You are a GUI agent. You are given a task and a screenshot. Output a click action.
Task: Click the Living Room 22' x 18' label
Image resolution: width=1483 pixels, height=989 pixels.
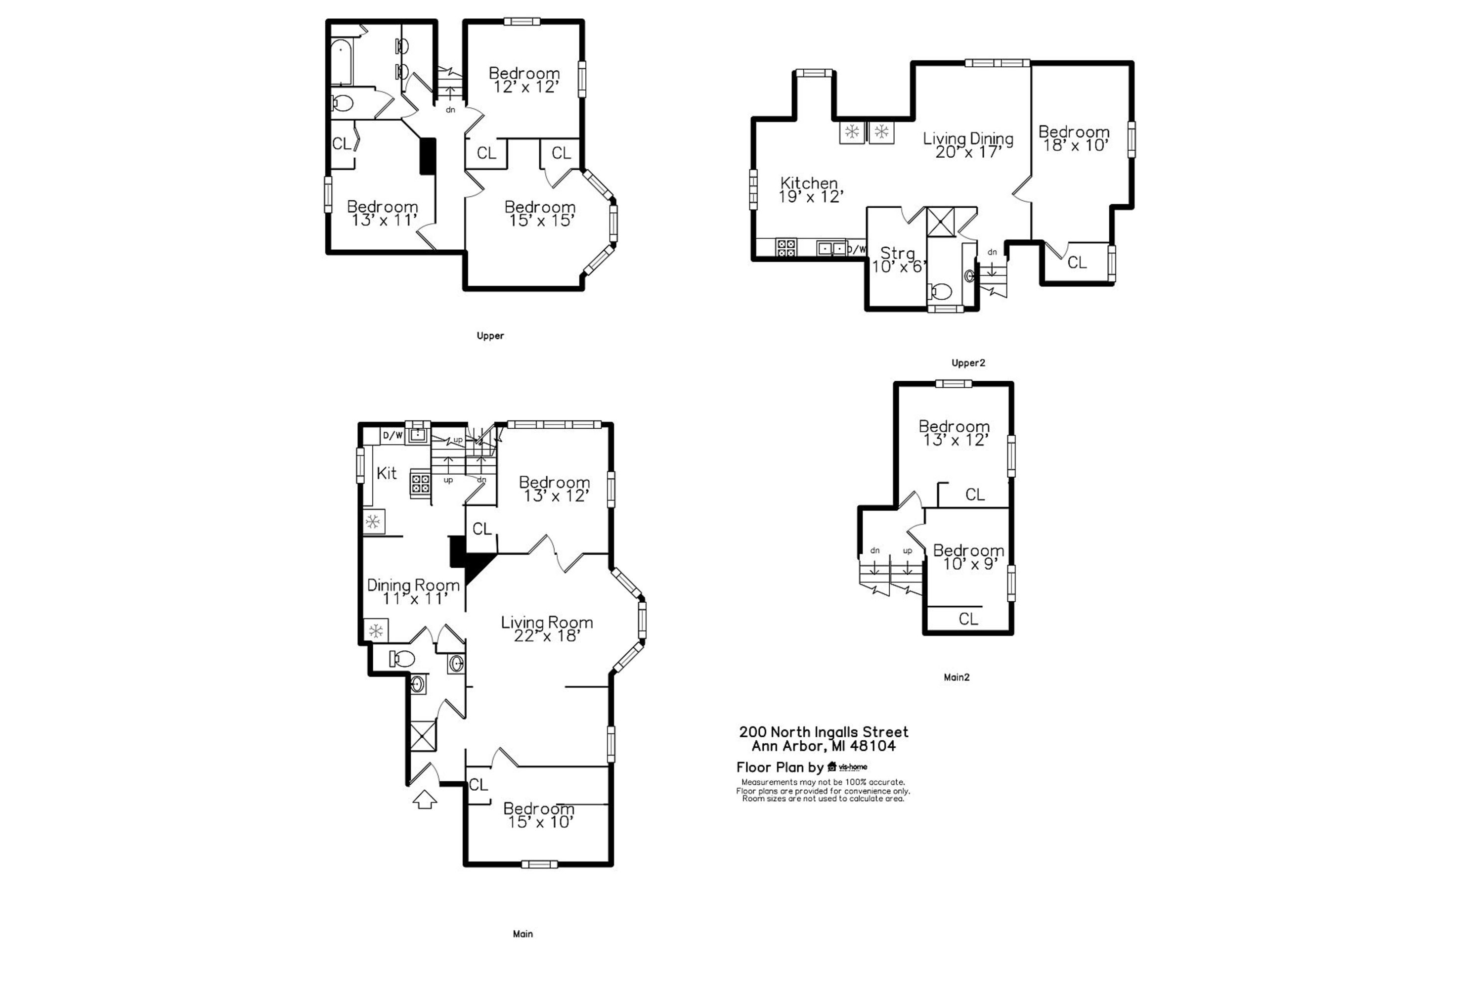547,629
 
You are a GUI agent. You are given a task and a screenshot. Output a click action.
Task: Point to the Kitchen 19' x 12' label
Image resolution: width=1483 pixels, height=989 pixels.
810,190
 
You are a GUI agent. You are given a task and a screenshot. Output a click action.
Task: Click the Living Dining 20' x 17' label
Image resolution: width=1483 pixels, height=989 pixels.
968,145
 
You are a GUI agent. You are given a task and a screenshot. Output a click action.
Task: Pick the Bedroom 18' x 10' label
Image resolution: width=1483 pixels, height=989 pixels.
1074,138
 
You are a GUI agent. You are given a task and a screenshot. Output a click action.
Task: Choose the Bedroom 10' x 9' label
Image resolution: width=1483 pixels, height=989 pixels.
968,557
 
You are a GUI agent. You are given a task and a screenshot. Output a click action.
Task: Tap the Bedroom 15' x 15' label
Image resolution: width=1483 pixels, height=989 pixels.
540,213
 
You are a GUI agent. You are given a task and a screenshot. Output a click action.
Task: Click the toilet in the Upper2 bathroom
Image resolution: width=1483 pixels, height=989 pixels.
940,291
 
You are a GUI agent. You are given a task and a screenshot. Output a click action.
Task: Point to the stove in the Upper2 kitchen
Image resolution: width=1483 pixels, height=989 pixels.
785,247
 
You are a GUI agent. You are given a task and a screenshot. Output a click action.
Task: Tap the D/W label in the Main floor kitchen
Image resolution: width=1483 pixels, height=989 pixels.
392,435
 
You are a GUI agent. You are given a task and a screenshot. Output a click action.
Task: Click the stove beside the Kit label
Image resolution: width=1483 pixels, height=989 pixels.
421,484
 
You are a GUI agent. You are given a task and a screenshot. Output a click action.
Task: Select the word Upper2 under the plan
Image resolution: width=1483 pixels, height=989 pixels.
968,362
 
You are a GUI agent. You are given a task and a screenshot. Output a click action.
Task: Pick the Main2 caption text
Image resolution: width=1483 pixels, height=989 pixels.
957,677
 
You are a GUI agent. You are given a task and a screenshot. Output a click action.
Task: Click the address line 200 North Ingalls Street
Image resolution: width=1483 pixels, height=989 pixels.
824,732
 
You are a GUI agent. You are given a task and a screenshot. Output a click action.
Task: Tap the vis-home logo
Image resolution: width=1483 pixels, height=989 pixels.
847,767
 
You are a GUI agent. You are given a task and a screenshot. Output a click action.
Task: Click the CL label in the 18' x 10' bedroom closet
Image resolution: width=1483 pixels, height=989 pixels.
1077,262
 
